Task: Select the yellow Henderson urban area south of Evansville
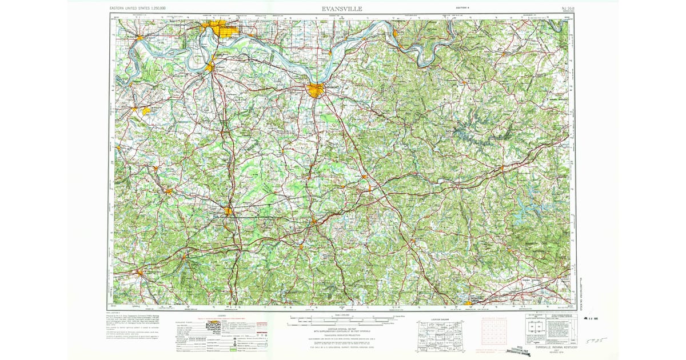pyautogui.click(x=210, y=67)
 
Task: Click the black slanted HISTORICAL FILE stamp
pyautogui.click(x=527, y=350)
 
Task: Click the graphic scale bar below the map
pyautogui.click(x=343, y=318)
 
